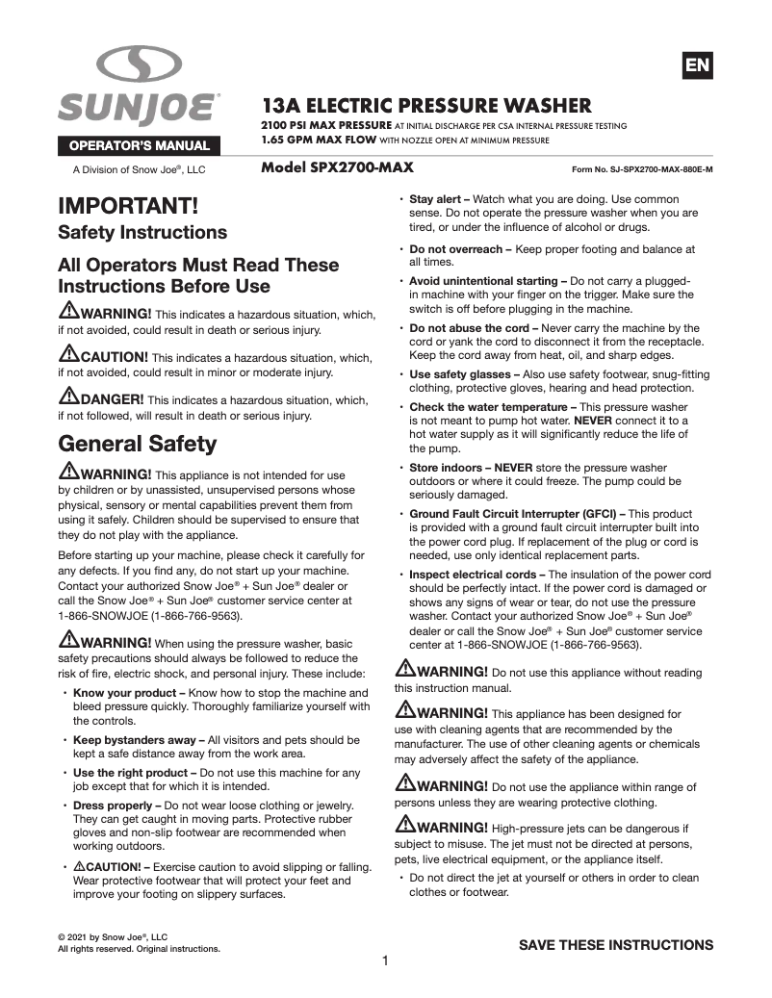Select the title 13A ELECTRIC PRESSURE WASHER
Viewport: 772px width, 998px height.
click(x=427, y=105)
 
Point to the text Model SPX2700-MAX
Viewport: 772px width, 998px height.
click(x=337, y=167)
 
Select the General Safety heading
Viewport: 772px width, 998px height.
click(x=138, y=444)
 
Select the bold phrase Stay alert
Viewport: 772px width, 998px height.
click(x=438, y=199)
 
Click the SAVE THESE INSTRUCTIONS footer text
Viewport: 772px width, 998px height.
click(x=616, y=945)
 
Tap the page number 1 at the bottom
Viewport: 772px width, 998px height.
click(x=385, y=960)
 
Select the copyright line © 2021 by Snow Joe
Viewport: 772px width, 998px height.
click(x=113, y=936)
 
